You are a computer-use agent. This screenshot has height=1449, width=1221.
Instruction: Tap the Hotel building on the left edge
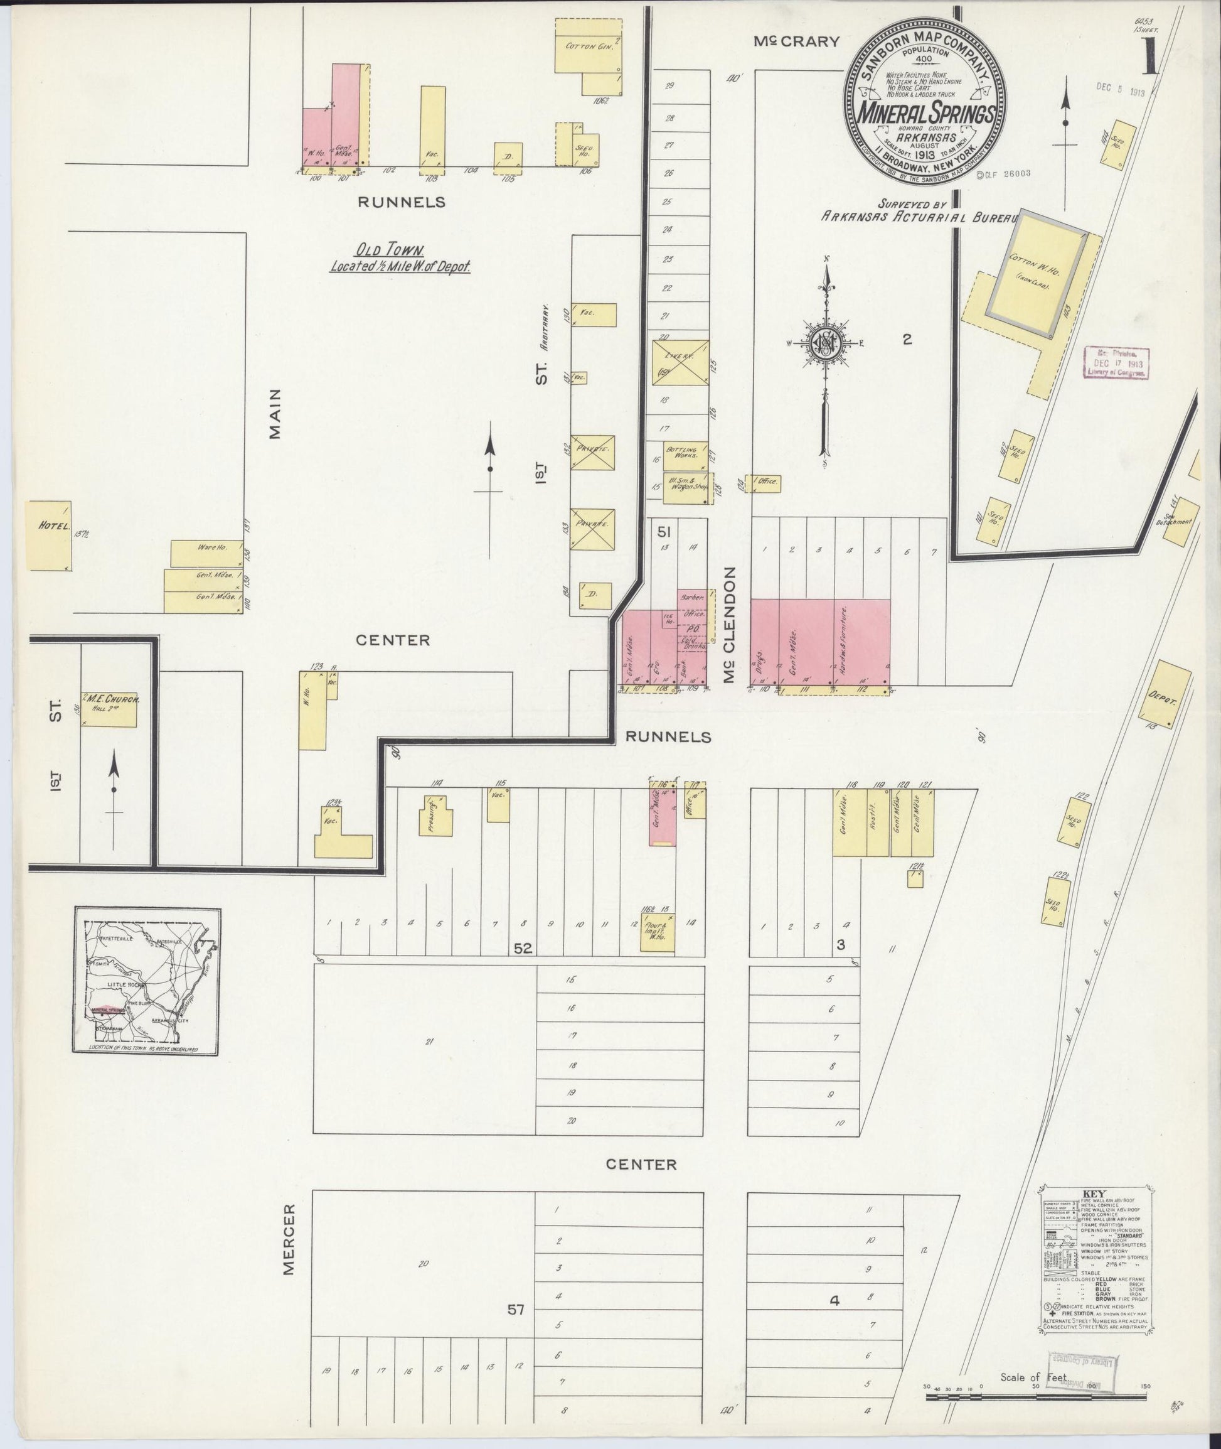[x=48, y=536]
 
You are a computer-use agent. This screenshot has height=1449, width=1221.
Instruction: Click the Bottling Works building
[x=685, y=455]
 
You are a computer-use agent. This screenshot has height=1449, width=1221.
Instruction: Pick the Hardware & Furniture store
[x=861, y=644]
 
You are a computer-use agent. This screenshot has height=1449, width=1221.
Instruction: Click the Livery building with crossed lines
[x=680, y=362]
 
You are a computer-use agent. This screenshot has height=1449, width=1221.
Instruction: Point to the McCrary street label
[x=796, y=41]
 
